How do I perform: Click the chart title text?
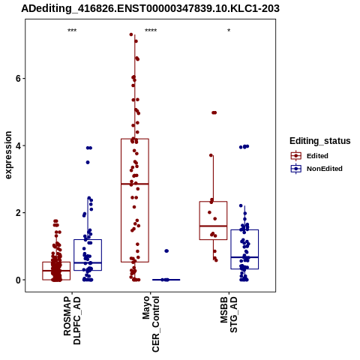click(x=150, y=9)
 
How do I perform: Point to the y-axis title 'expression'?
click(x=8, y=155)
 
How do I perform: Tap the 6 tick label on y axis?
click(x=18, y=79)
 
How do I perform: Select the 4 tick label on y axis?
click(x=18, y=145)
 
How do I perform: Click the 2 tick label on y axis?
click(x=18, y=213)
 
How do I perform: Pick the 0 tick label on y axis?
click(x=18, y=280)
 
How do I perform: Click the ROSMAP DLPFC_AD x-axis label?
click(x=72, y=320)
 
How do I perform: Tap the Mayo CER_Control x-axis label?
click(x=151, y=324)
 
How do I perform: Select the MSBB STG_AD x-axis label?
click(x=229, y=314)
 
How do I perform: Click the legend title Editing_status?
click(x=320, y=141)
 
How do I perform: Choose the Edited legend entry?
click(x=310, y=156)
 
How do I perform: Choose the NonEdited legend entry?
click(x=316, y=169)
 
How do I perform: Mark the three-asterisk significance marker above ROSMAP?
click(x=72, y=31)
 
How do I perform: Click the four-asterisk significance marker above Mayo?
click(x=151, y=31)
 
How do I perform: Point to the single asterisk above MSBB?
click(x=229, y=31)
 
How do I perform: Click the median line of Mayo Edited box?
click(x=135, y=184)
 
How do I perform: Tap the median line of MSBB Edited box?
click(x=213, y=226)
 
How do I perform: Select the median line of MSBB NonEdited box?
click(x=244, y=257)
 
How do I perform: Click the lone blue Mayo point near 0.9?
click(x=166, y=251)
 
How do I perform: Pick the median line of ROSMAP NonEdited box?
click(x=88, y=262)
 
